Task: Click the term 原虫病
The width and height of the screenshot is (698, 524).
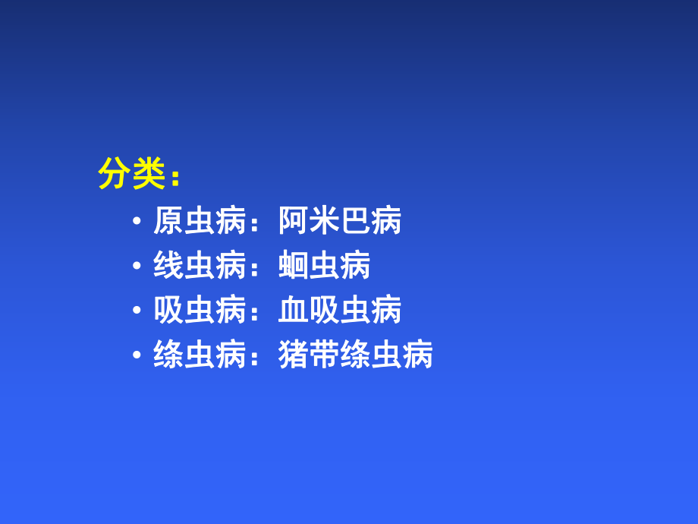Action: [200, 221]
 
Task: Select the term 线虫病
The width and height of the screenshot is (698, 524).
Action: [200, 266]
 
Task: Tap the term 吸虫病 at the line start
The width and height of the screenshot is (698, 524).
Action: [200, 310]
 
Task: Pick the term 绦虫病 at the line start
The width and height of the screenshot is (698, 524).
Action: [200, 355]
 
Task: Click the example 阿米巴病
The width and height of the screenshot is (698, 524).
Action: [340, 221]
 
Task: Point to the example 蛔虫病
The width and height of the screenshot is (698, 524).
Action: [325, 266]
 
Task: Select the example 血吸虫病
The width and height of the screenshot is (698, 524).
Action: [340, 310]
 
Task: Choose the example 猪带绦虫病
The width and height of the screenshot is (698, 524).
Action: [355, 355]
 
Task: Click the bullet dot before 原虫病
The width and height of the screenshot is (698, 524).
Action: [137, 222]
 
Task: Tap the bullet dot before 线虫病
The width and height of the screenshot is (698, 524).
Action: [137, 267]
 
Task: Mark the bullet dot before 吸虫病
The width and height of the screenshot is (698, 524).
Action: [137, 311]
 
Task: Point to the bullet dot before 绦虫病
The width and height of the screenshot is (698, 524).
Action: [137, 355]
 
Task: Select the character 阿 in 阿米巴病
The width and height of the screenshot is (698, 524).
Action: [294, 221]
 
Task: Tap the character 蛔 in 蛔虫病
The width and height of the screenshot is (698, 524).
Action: [294, 266]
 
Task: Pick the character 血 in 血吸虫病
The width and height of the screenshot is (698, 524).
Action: [294, 310]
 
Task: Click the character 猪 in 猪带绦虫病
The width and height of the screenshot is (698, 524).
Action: [294, 355]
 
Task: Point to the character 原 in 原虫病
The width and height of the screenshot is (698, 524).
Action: [168, 221]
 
